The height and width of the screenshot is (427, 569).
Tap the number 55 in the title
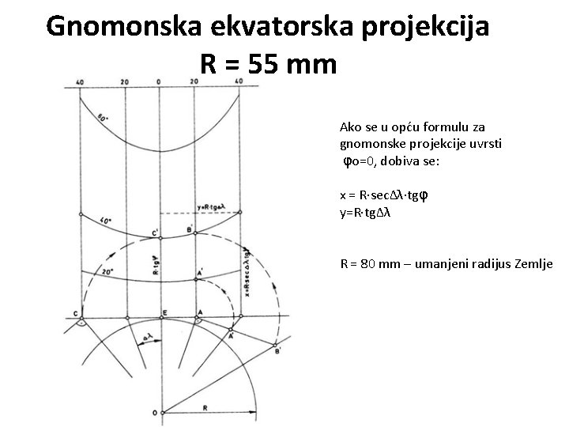point(266,62)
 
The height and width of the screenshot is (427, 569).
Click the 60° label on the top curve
point(103,118)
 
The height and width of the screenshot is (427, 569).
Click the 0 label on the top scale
point(159,81)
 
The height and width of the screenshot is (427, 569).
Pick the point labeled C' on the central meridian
point(155,232)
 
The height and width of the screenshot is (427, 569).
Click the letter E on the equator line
point(164,313)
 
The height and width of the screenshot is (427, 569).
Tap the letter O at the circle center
point(154,411)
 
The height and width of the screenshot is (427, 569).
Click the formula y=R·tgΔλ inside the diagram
point(212,208)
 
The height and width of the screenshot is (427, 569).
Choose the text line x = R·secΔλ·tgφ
point(384,195)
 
